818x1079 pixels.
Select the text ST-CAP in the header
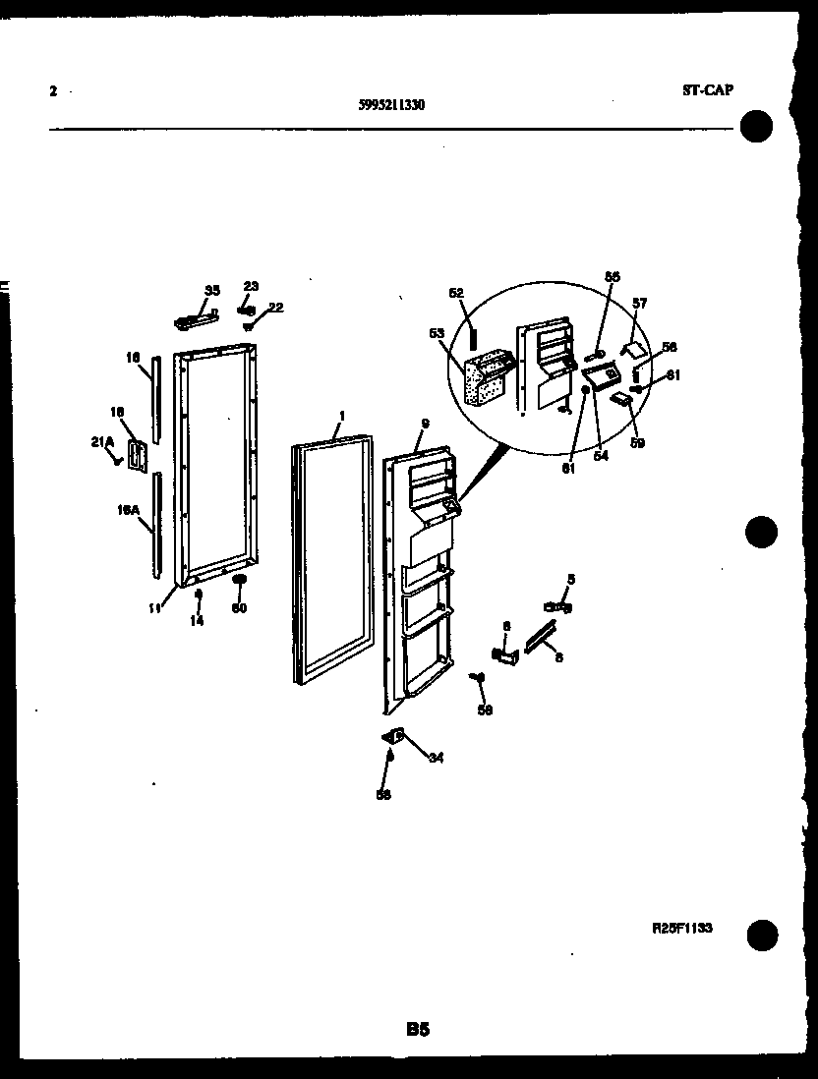click(707, 90)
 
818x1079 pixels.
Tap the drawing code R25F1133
click(681, 927)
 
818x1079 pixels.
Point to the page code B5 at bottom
click(417, 1030)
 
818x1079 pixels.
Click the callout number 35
click(212, 290)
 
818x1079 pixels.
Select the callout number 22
click(275, 308)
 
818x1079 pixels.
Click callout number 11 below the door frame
click(154, 609)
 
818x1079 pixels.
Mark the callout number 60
click(238, 608)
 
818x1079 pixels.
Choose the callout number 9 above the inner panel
click(425, 424)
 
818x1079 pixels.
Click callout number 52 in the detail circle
click(455, 292)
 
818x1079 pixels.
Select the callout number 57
click(640, 304)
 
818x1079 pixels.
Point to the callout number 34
click(435, 757)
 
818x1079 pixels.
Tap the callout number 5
click(571, 579)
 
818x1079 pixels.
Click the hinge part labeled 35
click(196, 318)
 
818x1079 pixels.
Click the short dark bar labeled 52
click(473, 338)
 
